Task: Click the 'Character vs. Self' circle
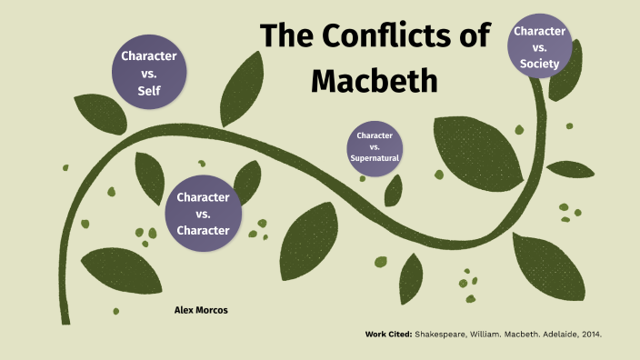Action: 149,73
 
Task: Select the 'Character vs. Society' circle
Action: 542,45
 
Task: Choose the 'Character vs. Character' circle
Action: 203,213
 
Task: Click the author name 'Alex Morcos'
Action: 201,310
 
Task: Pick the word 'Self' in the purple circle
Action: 149,91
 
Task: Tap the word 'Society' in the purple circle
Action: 542,63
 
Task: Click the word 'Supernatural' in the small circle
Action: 375,158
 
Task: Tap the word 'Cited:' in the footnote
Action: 397,335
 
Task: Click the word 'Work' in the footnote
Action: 375,335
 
